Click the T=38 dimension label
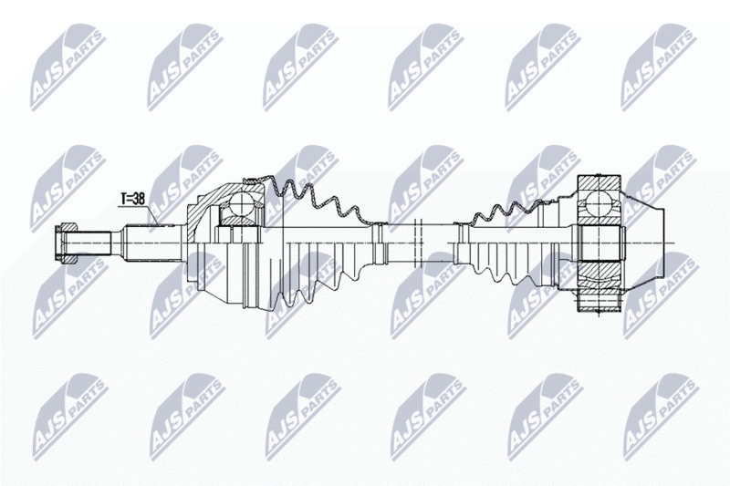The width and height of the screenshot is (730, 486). point(132,199)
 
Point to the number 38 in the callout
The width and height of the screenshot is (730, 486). point(139,199)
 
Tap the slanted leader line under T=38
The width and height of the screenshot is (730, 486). point(154,216)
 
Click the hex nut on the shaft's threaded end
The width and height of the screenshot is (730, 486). point(66,243)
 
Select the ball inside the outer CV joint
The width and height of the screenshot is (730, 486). point(242,203)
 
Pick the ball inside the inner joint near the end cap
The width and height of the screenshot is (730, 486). point(599,203)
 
